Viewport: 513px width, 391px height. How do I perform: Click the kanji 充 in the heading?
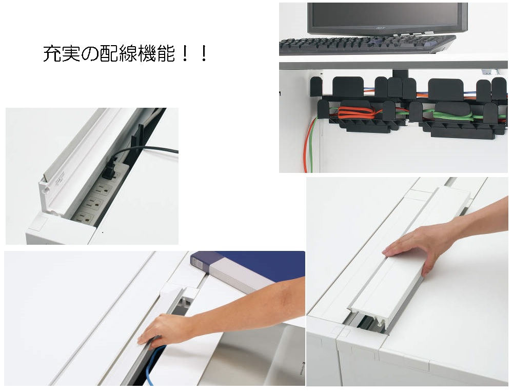click(x=52, y=54)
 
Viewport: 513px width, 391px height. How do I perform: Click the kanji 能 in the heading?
click(x=166, y=54)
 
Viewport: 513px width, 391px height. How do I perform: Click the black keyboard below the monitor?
click(x=366, y=44)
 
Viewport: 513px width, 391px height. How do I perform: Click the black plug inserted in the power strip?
click(x=110, y=167)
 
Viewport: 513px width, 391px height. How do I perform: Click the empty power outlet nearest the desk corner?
click(x=85, y=218)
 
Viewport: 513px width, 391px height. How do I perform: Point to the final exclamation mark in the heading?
click(x=204, y=54)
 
